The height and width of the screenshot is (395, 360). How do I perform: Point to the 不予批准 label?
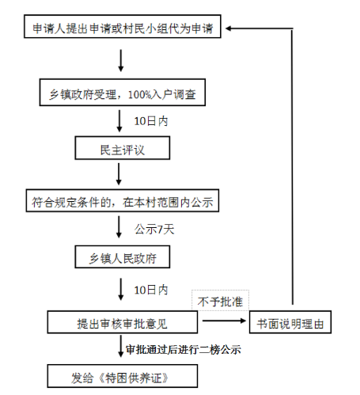coord(220,302)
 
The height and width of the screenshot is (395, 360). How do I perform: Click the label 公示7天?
coord(154,229)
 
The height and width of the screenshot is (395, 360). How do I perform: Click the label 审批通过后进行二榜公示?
coord(184,350)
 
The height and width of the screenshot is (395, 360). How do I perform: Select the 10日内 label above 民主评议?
coord(151,121)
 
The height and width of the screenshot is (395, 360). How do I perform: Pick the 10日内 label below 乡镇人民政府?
coord(151,290)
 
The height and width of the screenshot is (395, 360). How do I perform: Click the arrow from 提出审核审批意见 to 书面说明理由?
coord(224,321)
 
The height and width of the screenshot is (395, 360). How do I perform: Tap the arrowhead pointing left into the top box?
coord(229,28)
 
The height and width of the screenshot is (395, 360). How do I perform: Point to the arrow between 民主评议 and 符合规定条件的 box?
coord(119,174)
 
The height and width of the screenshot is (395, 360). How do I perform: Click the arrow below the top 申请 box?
coord(121,61)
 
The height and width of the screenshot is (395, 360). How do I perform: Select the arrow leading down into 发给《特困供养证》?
coord(121,346)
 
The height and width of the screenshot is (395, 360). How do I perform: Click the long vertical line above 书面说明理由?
coord(292,168)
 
